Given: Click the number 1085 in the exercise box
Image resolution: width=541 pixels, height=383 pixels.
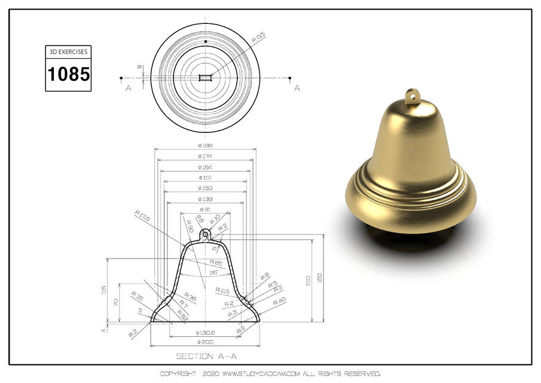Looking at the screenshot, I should coord(69,74).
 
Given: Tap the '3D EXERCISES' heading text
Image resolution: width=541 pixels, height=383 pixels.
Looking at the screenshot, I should coord(69,52).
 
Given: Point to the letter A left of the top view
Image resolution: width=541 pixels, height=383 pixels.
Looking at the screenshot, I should coord(128,89).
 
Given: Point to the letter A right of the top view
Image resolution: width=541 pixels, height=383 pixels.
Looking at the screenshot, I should coord(297,89).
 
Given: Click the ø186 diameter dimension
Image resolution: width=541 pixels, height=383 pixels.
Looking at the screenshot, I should coord(205,145).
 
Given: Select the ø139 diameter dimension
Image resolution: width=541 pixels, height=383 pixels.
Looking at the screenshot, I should coord(205,199).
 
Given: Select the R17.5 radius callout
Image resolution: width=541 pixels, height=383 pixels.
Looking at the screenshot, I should coord(142,214).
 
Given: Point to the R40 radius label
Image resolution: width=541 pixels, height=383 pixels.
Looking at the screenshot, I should coord(279,302).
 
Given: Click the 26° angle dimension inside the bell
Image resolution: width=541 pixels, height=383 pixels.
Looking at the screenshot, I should coord(213,272).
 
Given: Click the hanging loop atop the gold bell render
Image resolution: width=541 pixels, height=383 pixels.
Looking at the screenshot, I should coord(411,95).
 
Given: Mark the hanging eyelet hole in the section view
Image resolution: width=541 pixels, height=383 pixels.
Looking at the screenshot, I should coord(205,233).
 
